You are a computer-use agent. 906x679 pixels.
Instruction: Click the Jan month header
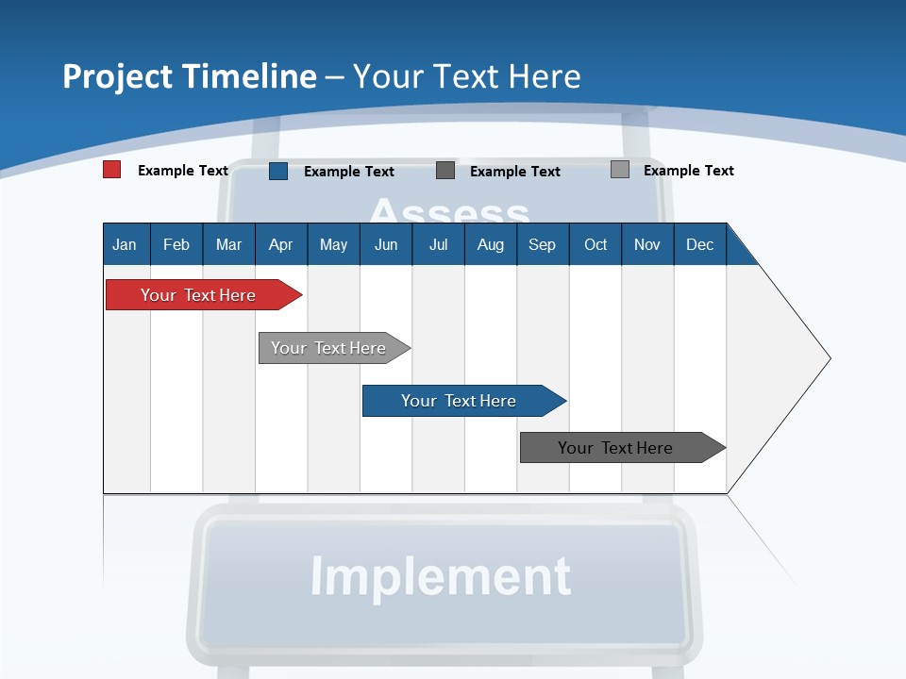pos(126,244)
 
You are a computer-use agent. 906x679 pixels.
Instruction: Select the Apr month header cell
pos(281,244)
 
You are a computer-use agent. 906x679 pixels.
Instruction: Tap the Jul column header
pos(438,244)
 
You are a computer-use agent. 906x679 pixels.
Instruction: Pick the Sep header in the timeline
pos(543,244)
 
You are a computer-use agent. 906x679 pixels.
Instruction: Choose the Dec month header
pos(699,244)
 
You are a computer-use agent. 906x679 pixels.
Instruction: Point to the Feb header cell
pos(176,244)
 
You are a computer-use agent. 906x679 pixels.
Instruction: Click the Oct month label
pos(596,244)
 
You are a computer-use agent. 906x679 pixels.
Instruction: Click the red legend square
pos(111,170)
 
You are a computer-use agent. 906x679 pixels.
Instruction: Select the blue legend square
pos(278,171)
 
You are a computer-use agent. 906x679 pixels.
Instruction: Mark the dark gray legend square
pos(445,171)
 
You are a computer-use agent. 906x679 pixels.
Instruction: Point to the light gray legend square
pos(620,170)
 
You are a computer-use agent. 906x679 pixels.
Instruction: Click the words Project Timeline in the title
pos(190,76)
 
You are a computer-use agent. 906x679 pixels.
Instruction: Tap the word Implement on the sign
pos(441,576)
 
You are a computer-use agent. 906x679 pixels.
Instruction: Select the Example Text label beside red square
pos(183,171)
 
